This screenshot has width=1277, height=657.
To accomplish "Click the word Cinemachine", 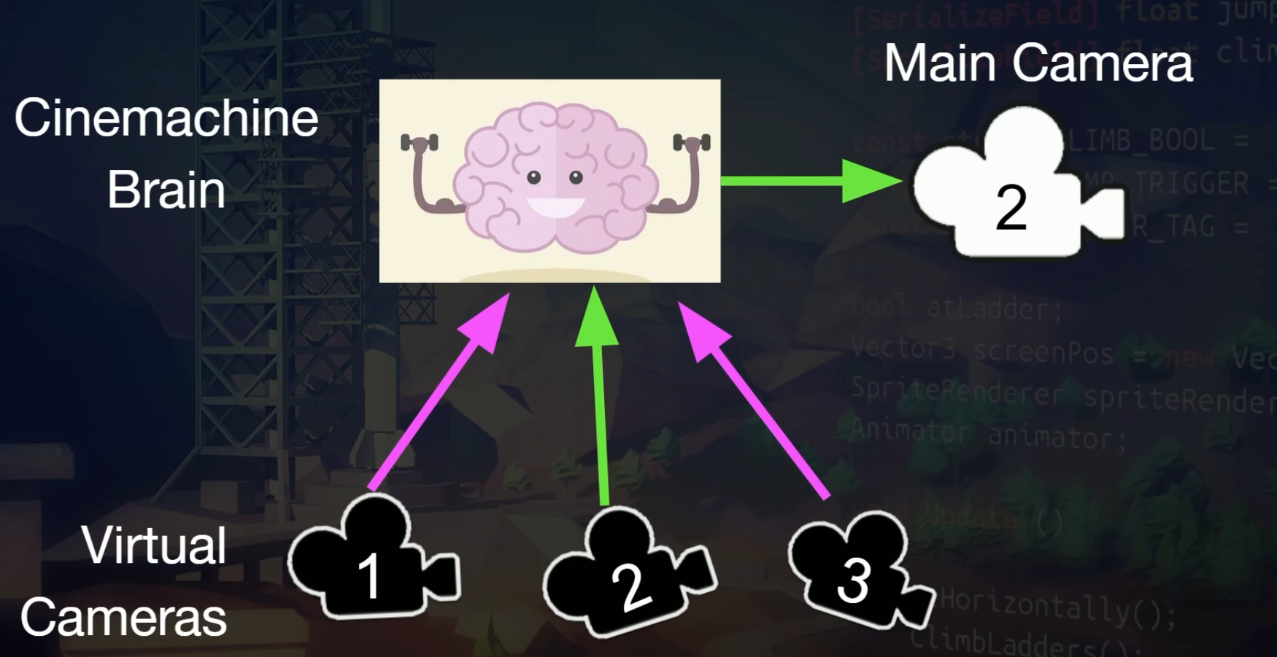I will pos(166,118).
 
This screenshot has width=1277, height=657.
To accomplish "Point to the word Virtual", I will pos(154,545).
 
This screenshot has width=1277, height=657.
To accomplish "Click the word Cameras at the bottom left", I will pos(123,618).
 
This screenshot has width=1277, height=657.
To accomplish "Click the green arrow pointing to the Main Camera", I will pos(810,181).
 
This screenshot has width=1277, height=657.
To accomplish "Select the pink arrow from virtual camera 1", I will pos(438,394).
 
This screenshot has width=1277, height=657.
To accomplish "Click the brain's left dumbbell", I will pos(420,142).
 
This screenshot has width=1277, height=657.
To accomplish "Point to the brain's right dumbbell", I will pos(691,142).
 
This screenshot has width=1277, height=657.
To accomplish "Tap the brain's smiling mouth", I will pos(555,207).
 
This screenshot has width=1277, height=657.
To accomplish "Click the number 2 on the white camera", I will pos(1011,208).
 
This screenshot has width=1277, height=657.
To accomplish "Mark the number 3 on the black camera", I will pos(852,580).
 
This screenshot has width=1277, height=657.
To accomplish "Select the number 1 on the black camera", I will pos(369,575).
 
